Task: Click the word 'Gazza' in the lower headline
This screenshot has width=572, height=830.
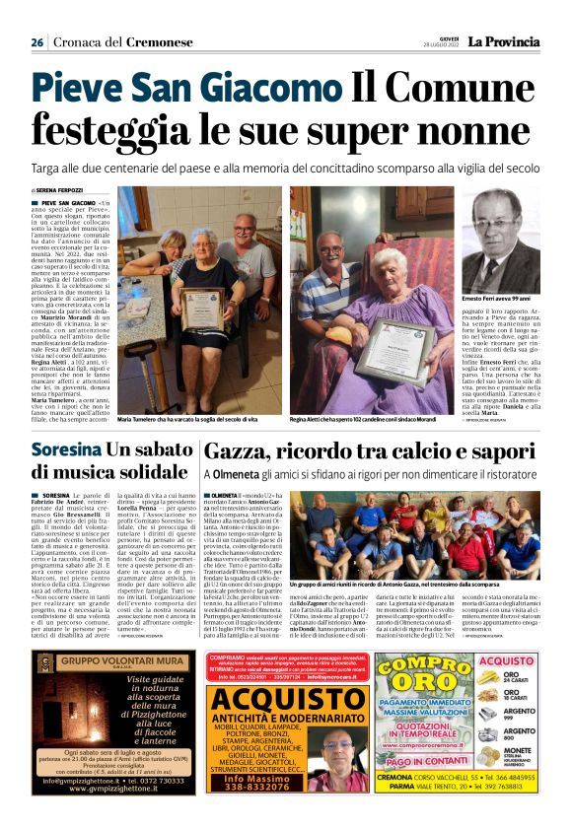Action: pyautogui.click(x=236, y=450)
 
